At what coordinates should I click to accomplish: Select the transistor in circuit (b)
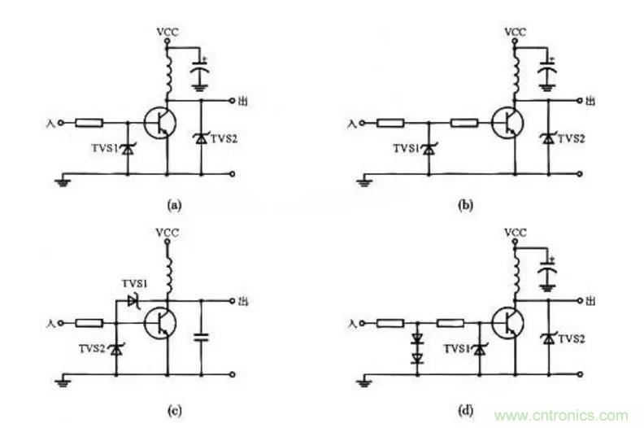coord(509,123)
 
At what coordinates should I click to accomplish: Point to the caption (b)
coord(465,206)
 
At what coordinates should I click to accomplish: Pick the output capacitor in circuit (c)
coord(201,335)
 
